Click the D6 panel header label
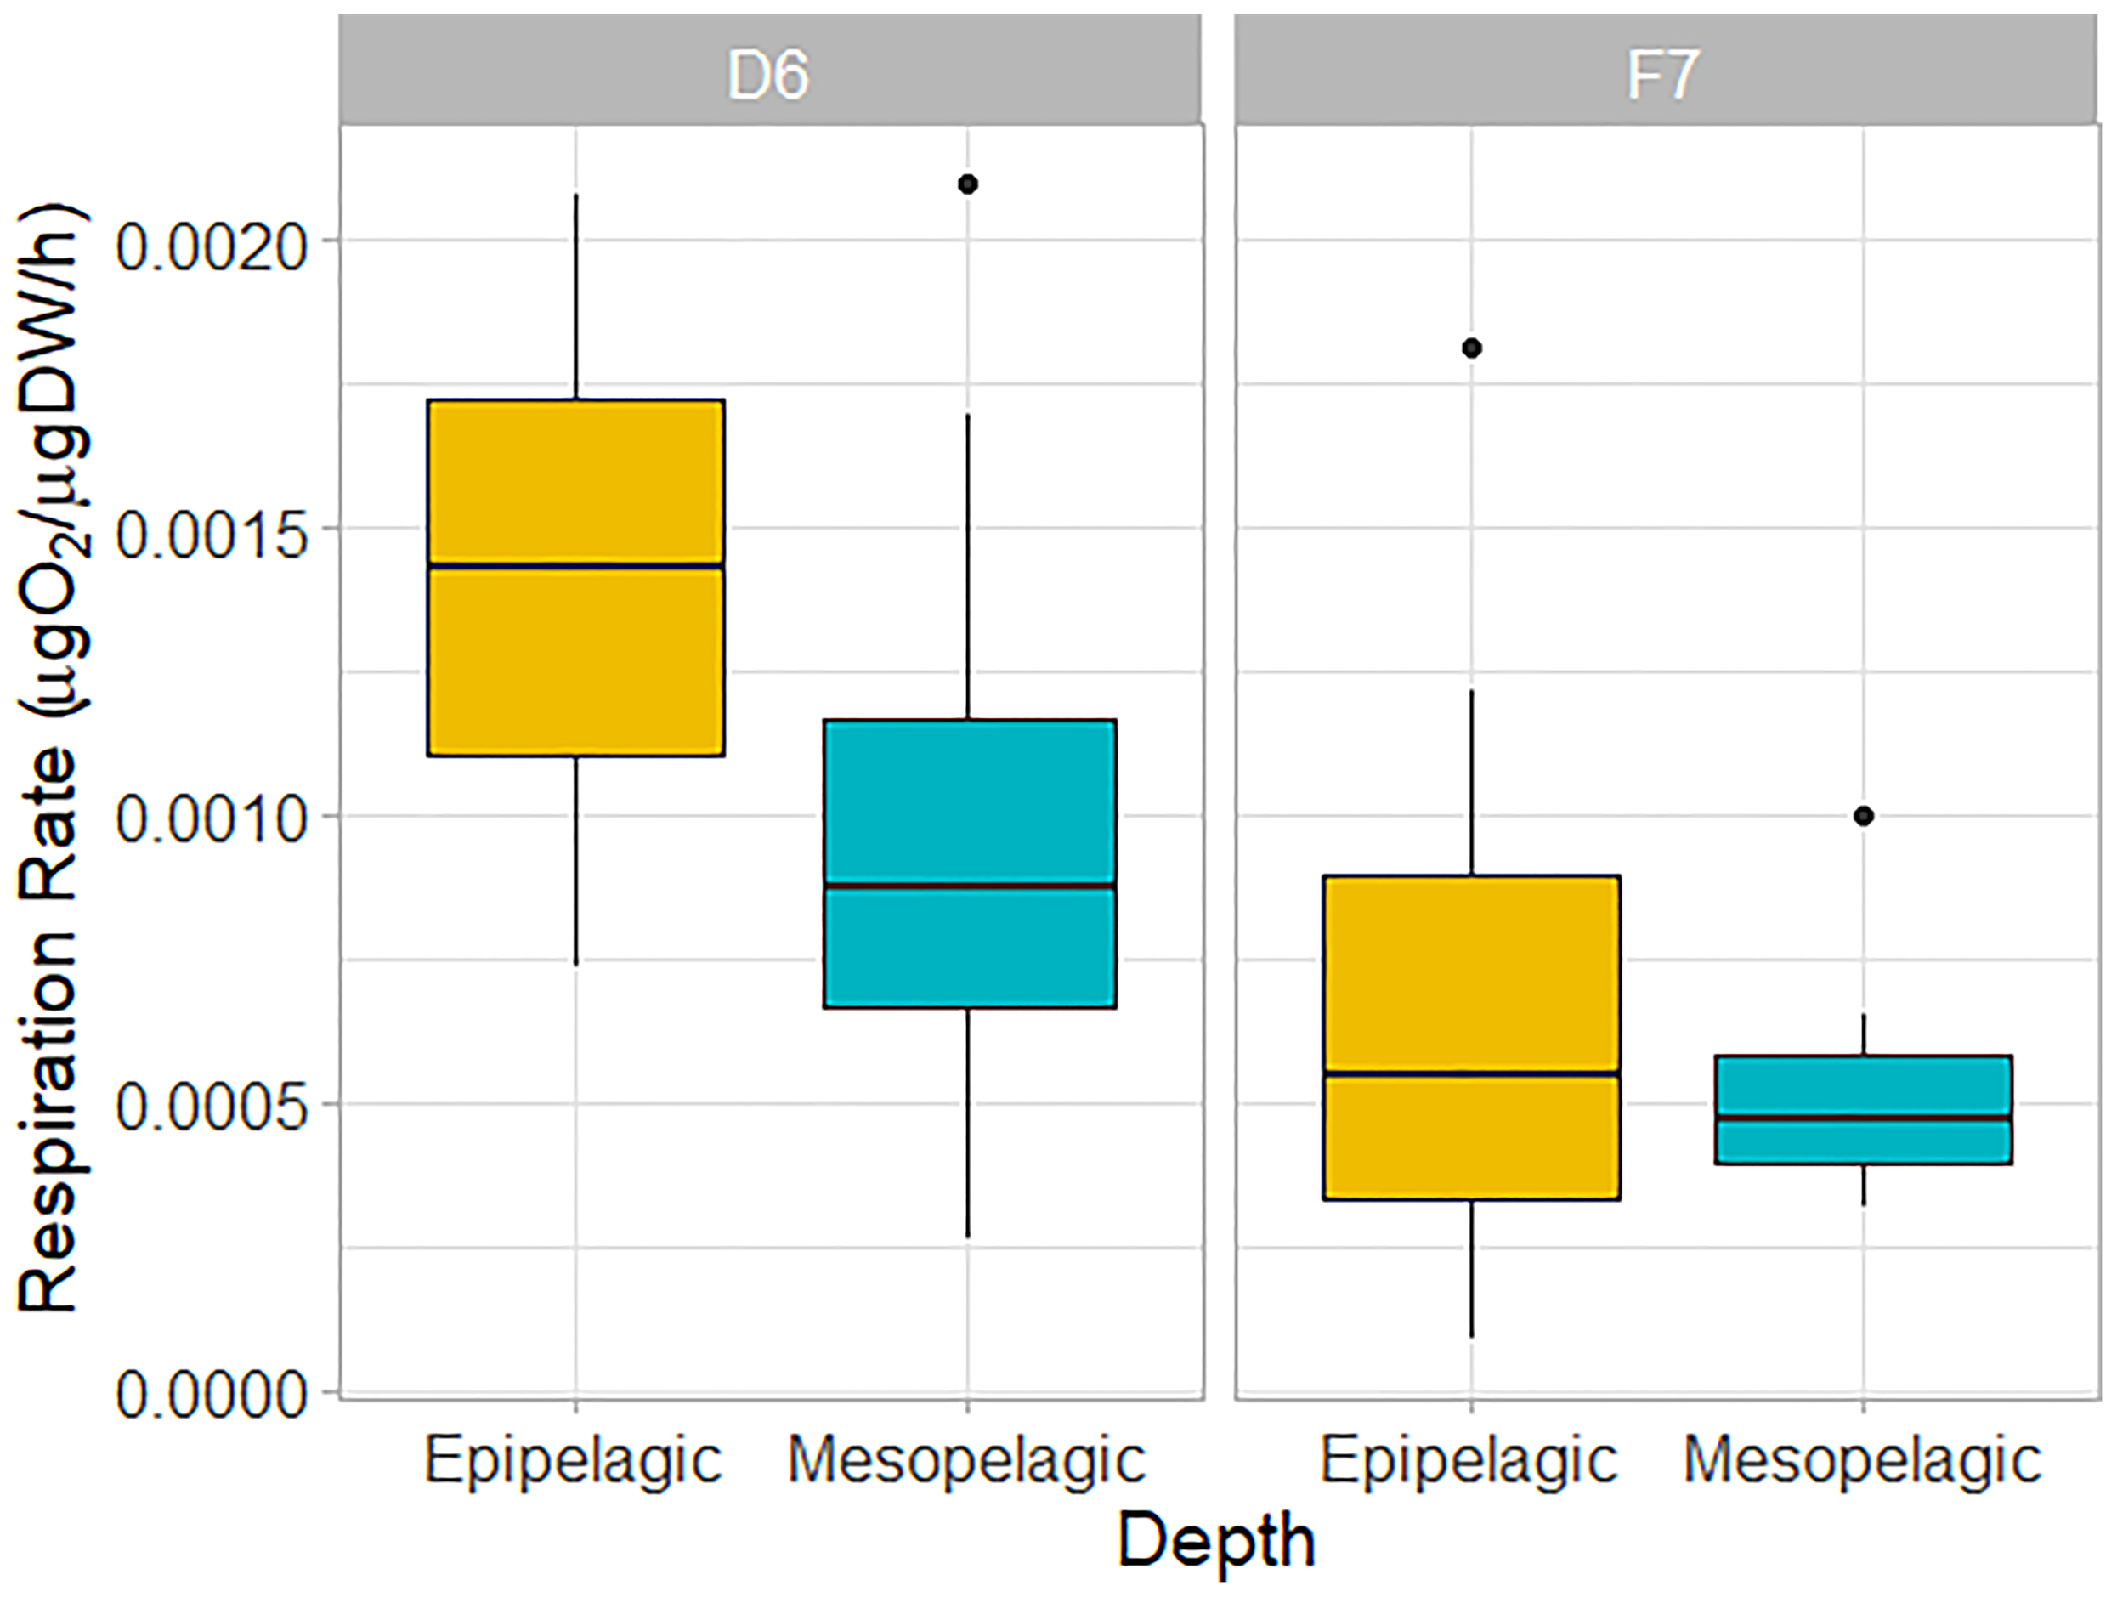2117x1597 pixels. click(x=768, y=75)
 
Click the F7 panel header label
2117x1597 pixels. click(x=1662, y=75)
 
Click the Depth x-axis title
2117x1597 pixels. click(x=1216, y=1541)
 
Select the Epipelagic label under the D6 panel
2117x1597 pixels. click(x=574, y=1460)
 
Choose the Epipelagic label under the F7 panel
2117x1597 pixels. click(x=1469, y=1460)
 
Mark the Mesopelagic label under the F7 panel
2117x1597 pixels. click(x=1862, y=1460)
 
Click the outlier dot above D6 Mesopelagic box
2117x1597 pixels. click(x=968, y=184)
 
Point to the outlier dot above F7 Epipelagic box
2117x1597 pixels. click(x=1472, y=348)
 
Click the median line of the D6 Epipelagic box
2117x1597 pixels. click(x=575, y=565)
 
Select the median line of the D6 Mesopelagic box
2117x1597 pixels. click(x=970, y=886)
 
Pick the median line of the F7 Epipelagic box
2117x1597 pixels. click(x=1472, y=1073)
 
